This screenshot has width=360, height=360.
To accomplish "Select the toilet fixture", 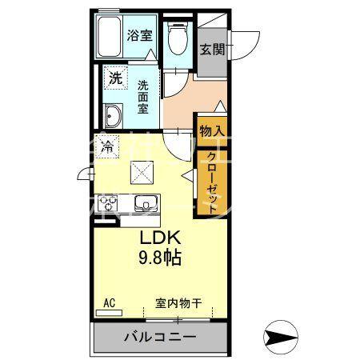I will (x=178, y=38).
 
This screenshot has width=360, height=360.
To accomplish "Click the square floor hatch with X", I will (x=142, y=171).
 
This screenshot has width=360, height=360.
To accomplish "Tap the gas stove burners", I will (x=106, y=204).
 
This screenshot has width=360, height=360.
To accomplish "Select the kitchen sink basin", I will (x=146, y=203).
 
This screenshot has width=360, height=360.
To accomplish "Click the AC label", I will (x=110, y=302).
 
